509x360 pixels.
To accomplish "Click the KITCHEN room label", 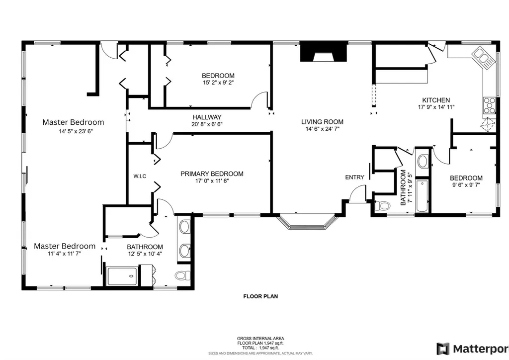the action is [436, 100].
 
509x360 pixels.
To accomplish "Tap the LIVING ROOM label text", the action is [322, 122].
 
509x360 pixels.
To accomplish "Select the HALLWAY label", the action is [207, 117].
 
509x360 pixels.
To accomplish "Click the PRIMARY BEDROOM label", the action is [212, 174].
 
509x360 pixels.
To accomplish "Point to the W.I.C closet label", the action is [140, 176].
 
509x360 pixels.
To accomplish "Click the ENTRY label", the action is [354, 177].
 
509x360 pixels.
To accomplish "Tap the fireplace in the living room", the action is [323, 53].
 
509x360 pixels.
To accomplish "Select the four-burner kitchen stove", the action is [489, 105].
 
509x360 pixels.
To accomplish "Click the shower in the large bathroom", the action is [122, 276].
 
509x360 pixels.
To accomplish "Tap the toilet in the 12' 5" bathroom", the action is [183, 275].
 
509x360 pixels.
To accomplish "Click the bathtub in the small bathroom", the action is [422, 196].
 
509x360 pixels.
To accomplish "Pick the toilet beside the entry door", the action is [382, 206].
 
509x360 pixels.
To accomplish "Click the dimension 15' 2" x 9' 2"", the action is [218, 83].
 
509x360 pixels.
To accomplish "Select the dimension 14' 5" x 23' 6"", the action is [76, 131].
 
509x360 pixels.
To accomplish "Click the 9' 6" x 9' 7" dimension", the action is [466, 185].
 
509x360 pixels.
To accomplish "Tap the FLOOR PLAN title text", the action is [260, 296].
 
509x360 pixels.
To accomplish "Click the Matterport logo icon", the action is [443, 349].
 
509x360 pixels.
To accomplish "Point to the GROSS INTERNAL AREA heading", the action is [260, 339].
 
